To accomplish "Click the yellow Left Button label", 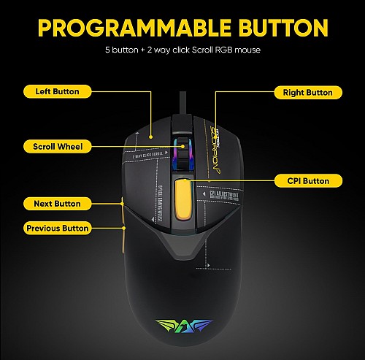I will [x=57, y=91].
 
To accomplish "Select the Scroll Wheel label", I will [x=57, y=146].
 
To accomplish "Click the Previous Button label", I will [x=57, y=228].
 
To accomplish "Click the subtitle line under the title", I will [x=182, y=51].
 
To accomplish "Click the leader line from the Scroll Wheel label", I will [x=131, y=146].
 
